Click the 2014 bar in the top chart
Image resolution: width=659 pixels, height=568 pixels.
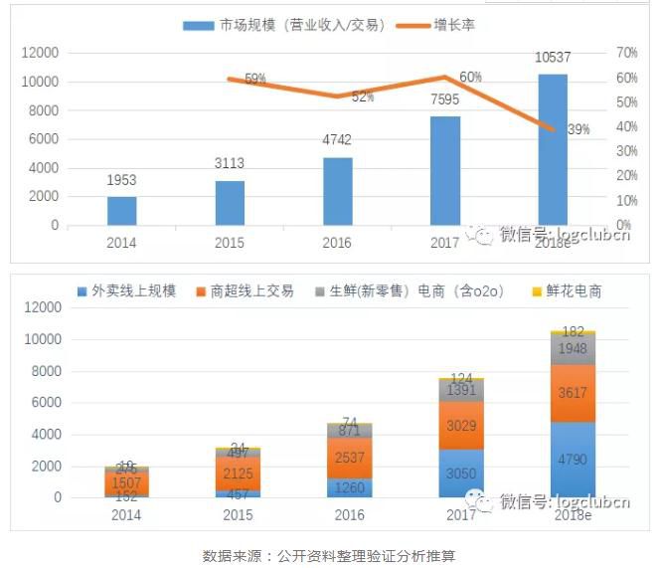(121, 211)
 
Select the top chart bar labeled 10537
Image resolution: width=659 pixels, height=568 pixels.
(552, 149)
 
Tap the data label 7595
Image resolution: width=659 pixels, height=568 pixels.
(445, 98)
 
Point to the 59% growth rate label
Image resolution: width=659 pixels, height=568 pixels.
(254, 79)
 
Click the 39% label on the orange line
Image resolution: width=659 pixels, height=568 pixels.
(577, 129)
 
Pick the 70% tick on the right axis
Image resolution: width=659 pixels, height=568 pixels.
(626, 52)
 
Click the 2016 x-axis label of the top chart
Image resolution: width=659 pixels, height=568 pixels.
(337, 242)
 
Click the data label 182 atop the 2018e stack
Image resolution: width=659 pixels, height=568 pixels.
(573, 331)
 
